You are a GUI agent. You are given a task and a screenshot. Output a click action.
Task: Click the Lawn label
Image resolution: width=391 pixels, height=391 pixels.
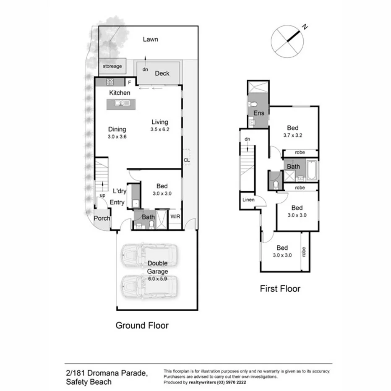(x=150, y=39)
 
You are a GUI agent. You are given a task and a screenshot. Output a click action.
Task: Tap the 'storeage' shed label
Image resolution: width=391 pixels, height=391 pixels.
(x=112, y=66)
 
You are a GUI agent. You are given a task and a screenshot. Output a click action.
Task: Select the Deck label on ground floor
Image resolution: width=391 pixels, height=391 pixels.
(x=162, y=73)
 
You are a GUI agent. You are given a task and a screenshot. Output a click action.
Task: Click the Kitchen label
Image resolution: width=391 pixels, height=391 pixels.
(x=120, y=93)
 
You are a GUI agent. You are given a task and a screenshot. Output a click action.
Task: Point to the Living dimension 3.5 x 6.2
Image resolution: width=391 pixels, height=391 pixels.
(x=160, y=130)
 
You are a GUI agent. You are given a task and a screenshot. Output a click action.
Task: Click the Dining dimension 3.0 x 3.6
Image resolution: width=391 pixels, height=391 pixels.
(x=117, y=137)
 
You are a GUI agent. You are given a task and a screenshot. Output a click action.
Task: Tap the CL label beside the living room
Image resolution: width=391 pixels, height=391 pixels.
(x=186, y=160)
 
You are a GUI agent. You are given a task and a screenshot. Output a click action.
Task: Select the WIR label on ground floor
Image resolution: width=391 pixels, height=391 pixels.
(x=175, y=217)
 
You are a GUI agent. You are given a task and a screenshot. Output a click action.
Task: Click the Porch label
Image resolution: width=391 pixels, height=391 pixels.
(x=102, y=218)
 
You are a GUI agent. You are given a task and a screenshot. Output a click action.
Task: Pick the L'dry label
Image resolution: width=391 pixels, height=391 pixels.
(x=120, y=191)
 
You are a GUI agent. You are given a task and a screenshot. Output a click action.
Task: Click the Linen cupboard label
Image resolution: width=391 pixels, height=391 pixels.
(x=248, y=200)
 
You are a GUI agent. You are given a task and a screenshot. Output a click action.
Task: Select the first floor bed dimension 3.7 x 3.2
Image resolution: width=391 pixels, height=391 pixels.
(x=292, y=135)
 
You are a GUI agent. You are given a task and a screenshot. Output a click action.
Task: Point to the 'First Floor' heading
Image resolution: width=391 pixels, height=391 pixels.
(x=280, y=289)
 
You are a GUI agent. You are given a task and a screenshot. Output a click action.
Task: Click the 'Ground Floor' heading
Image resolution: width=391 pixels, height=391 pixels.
(x=142, y=325)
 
